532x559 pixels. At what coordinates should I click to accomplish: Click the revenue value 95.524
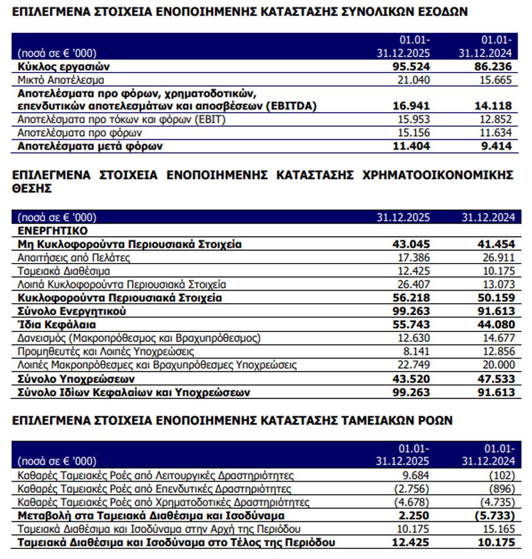[x=411, y=67]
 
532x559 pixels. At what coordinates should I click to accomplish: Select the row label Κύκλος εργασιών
[x=64, y=67]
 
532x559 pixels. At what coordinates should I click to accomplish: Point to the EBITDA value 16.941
[x=411, y=106]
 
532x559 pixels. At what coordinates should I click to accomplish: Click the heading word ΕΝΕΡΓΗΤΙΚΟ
[x=52, y=231]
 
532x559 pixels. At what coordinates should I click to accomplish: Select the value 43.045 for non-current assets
[x=411, y=244]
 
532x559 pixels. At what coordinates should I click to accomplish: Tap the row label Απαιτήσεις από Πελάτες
[x=74, y=258]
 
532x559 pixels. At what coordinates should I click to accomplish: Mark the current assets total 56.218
[x=411, y=298]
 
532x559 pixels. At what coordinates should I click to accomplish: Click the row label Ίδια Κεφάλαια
[x=57, y=325]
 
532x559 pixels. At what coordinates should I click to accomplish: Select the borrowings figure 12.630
[x=411, y=338]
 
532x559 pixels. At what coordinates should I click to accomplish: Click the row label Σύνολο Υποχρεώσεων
[x=77, y=379]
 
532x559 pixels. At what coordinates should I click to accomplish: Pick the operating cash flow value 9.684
[x=414, y=475]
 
